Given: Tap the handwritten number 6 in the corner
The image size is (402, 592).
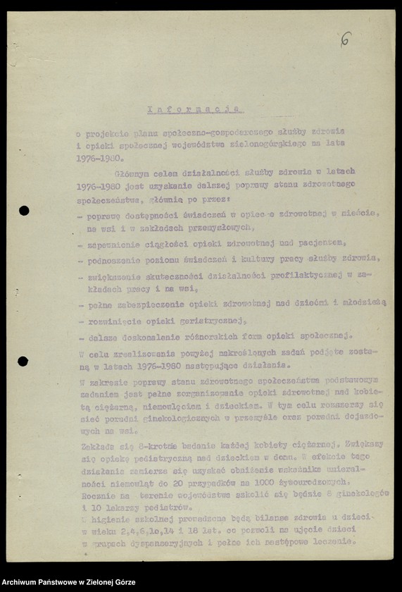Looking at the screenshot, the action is [x=345, y=39].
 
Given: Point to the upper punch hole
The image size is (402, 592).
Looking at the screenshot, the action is [x=23, y=210].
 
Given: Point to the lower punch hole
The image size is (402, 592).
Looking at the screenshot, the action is [x=23, y=362].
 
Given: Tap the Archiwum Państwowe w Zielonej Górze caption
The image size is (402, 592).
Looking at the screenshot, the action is [x=69, y=583].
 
